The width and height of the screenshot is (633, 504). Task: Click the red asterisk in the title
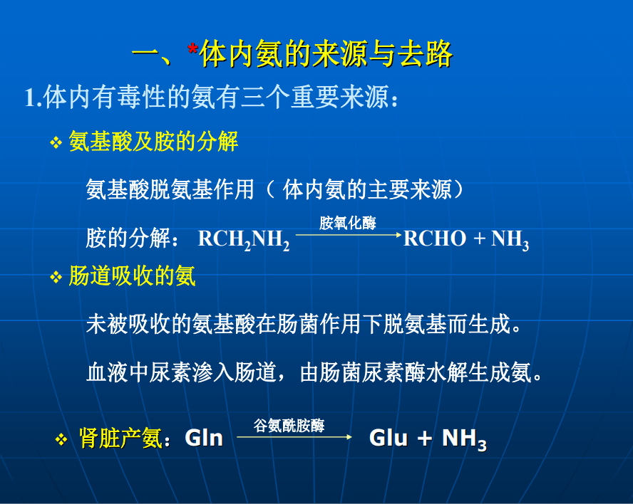pyautogui.click(x=193, y=49)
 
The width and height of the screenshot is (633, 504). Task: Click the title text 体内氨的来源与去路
pyautogui.click(x=326, y=54)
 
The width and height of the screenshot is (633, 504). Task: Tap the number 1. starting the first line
pyautogui.click(x=34, y=98)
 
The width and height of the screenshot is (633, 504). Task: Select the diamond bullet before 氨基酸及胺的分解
pyautogui.click(x=56, y=142)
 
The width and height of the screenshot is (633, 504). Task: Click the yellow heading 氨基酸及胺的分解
pyautogui.click(x=153, y=142)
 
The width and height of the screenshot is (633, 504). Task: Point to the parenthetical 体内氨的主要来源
pyautogui.click(x=367, y=189)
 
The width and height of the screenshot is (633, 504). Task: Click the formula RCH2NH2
pyautogui.click(x=243, y=239)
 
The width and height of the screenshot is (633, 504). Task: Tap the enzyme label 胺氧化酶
pyautogui.click(x=348, y=223)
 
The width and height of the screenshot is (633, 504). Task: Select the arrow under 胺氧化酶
pyautogui.click(x=349, y=234)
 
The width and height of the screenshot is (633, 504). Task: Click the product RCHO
pyautogui.click(x=435, y=238)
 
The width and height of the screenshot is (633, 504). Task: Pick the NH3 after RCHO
pyautogui.click(x=510, y=239)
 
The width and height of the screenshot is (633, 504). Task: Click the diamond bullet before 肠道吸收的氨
pyautogui.click(x=56, y=277)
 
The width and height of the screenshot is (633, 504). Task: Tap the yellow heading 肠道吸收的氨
pyautogui.click(x=132, y=276)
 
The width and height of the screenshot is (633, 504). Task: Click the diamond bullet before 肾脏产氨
pyautogui.click(x=61, y=439)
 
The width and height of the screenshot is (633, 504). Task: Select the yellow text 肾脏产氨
pyautogui.click(x=120, y=439)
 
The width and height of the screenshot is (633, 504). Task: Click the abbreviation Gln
pyautogui.click(x=204, y=438)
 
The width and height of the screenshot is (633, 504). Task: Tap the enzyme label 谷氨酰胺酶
pyautogui.click(x=289, y=426)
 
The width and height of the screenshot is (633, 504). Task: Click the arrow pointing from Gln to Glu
pyautogui.click(x=294, y=436)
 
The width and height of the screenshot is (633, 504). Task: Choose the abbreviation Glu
pyautogui.click(x=388, y=438)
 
